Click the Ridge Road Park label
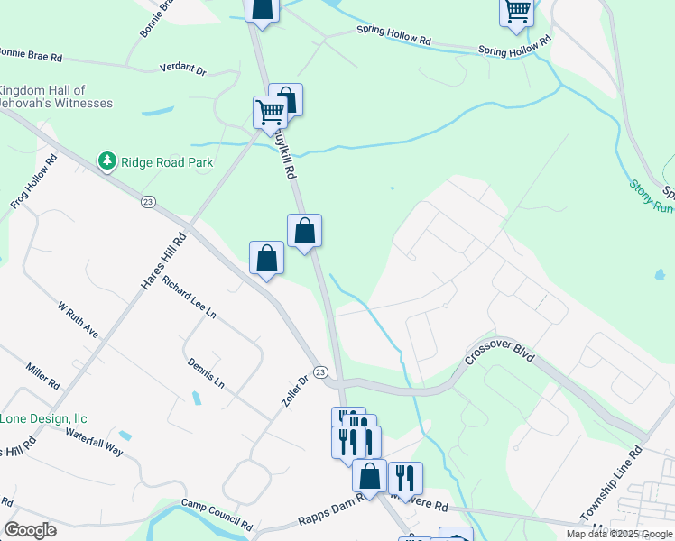[x=169, y=162]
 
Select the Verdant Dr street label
[x=182, y=69]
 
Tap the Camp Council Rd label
[x=217, y=514]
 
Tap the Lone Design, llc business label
[x=43, y=418]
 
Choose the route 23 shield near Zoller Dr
[x=319, y=372]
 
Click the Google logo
[x=30, y=529]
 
